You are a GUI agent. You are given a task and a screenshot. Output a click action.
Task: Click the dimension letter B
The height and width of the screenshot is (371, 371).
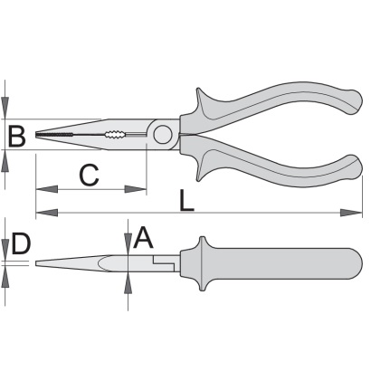click(16, 137)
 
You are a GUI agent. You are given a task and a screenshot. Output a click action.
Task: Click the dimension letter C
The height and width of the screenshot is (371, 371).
click(90, 175)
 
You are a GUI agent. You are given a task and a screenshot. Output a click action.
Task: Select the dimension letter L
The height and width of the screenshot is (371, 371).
click(186, 200)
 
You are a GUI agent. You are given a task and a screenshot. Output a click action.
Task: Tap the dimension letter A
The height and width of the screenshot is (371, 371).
click(143, 238)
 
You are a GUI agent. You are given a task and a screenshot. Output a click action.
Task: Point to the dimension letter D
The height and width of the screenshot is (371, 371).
click(21, 243)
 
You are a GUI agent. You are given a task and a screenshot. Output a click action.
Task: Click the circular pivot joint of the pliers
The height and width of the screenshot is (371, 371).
click(163, 135)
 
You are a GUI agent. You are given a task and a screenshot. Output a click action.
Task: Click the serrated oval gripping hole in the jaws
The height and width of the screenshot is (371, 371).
click(114, 134)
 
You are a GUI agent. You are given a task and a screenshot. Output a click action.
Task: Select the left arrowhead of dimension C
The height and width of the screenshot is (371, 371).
click(47, 189)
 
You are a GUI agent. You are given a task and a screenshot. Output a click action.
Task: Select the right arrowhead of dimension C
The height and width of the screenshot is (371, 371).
click(136, 189)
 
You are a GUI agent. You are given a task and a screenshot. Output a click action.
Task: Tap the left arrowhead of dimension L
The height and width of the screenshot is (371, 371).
click(47, 213)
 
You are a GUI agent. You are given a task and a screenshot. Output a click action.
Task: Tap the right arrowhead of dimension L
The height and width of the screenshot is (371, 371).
click(351, 213)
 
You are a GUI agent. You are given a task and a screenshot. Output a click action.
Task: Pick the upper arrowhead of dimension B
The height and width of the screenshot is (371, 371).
click(5, 108)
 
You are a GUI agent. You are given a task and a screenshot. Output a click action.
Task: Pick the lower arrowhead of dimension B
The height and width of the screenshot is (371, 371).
click(5, 160)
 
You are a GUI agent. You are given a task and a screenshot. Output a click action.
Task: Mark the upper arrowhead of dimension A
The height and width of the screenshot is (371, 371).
click(128, 243)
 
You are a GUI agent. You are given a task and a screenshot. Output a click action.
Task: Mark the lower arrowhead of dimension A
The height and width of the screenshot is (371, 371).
click(128, 282)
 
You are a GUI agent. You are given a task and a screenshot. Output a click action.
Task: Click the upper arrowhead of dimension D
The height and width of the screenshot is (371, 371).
click(5, 250)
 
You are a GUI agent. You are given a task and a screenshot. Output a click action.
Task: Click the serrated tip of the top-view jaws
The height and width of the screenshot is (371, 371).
click(54, 135)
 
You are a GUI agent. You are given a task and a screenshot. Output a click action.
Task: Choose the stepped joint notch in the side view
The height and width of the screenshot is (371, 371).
click(164, 262)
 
